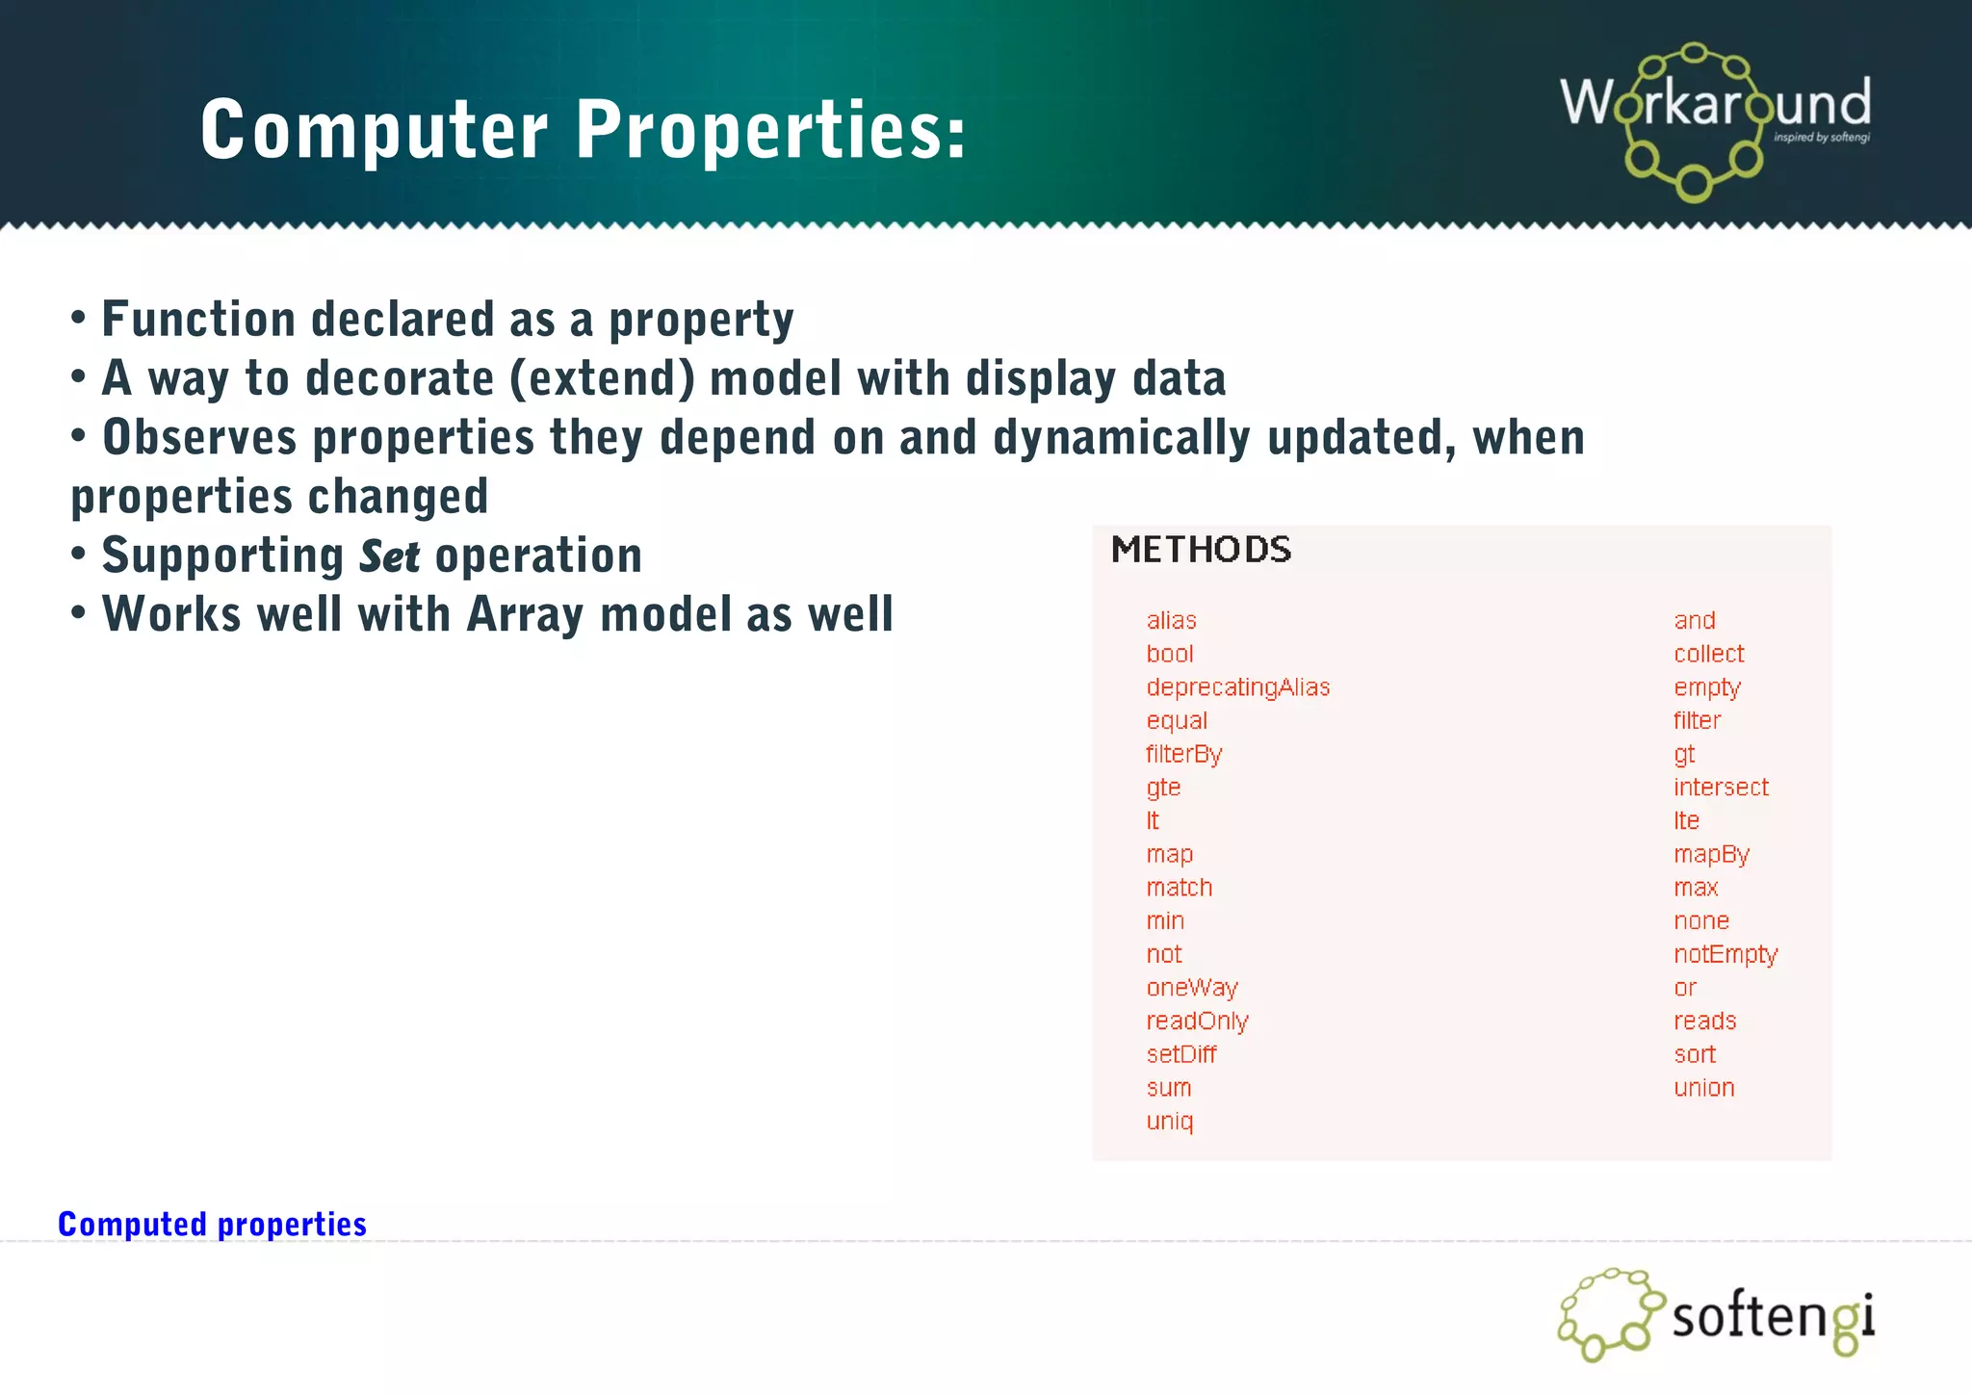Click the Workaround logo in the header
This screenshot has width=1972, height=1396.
point(1715,120)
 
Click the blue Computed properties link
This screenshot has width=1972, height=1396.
point(212,1224)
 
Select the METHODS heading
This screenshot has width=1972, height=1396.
point(1201,550)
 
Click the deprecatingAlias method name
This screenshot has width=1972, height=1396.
point(1237,687)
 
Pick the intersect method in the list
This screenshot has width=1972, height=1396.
point(1721,788)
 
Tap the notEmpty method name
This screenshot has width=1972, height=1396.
point(1725,954)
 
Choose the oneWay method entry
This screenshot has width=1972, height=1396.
point(1192,988)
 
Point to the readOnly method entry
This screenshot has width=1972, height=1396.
point(1197,1021)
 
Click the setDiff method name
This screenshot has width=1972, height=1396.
point(1181,1054)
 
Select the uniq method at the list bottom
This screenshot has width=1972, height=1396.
point(1170,1122)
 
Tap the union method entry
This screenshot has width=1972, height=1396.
point(1703,1088)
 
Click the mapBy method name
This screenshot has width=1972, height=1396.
point(1711,855)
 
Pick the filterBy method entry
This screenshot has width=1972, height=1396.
point(1183,755)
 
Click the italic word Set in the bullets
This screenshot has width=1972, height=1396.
point(389,556)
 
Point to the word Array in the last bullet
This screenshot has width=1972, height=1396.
point(525,614)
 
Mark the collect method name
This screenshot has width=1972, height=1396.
point(1708,654)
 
